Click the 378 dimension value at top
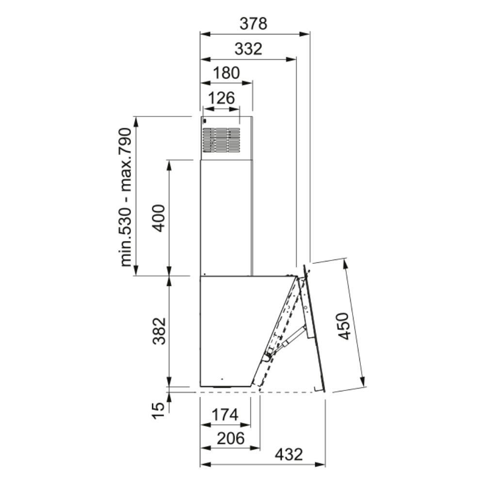(x=253, y=24)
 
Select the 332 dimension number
(x=248, y=49)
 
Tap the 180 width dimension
(x=226, y=73)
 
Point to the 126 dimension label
(x=222, y=98)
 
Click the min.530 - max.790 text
(x=126, y=197)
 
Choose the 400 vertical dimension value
(x=160, y=218)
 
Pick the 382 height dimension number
(x=160, y=331)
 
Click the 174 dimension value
(x=225, y=415)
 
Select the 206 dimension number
(x=230, y=438)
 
